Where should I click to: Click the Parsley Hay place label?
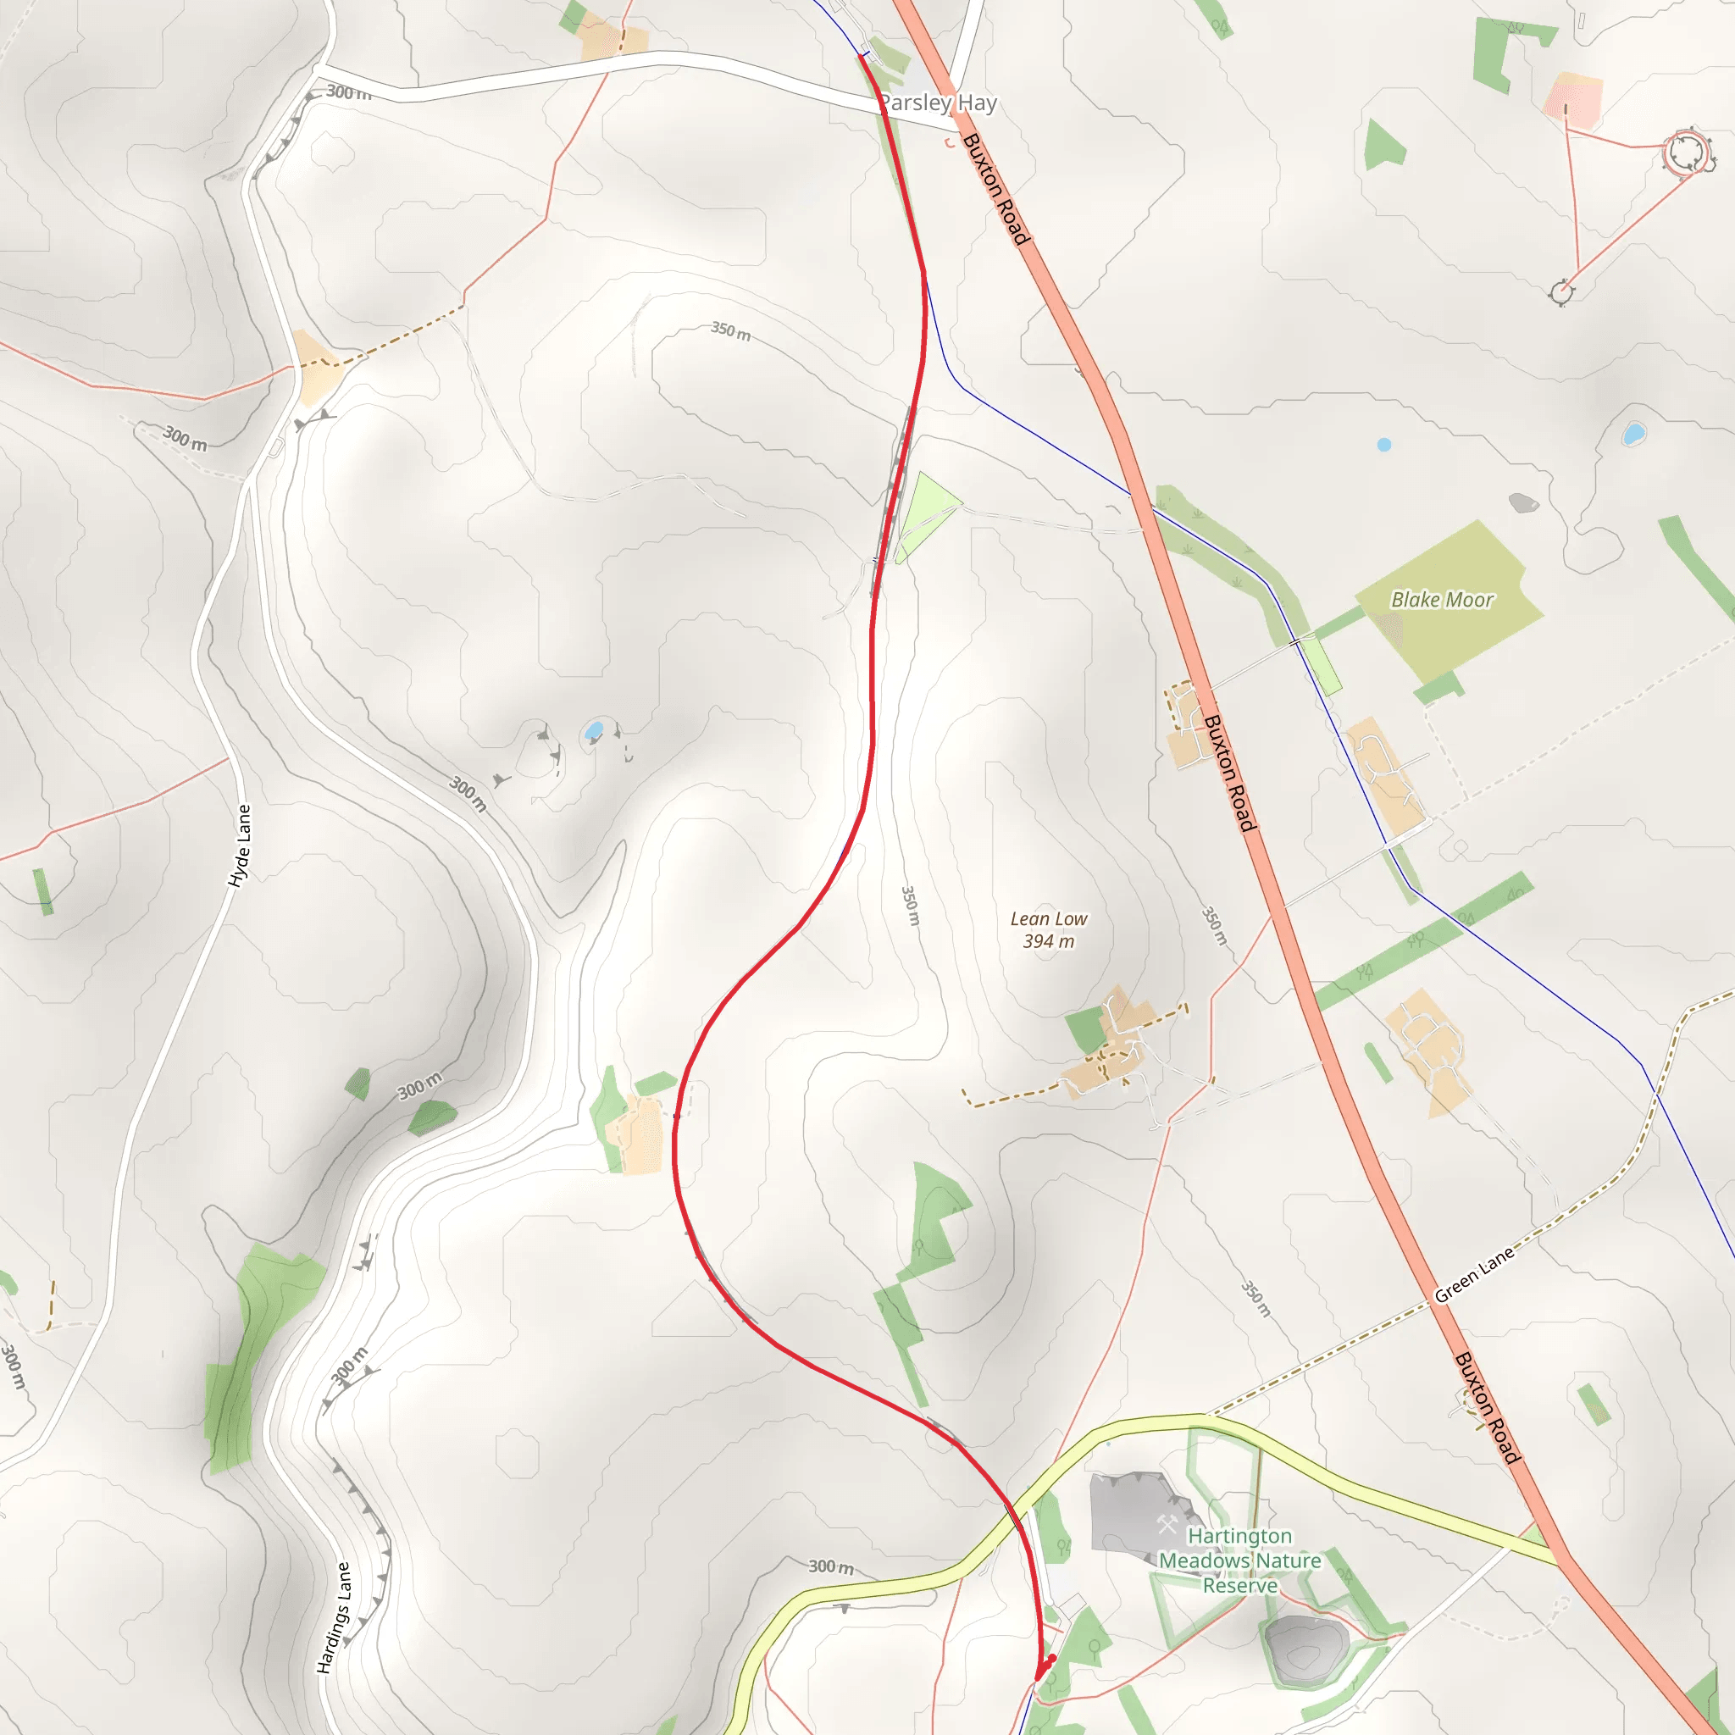[x=939, y=103]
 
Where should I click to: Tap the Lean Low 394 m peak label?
[x=1048, y=929]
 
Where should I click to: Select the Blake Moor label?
[x=1441, y=599]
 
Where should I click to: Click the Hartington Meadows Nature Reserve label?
[x=1240, y=1560]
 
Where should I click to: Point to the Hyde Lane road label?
[x=240, y=846]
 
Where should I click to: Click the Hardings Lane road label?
[x=333, y=1617]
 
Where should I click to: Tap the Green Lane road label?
[x=1474, y=1274]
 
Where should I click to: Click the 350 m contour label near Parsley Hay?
[x=731, y=331]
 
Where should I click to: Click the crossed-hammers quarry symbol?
[x=1167, y=1524]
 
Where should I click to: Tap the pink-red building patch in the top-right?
[x=1573, y=100]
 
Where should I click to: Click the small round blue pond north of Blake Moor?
[x=1384, y=445]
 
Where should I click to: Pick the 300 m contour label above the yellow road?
[x=831, y=1567]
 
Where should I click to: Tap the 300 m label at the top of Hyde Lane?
[x=348, y=91]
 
